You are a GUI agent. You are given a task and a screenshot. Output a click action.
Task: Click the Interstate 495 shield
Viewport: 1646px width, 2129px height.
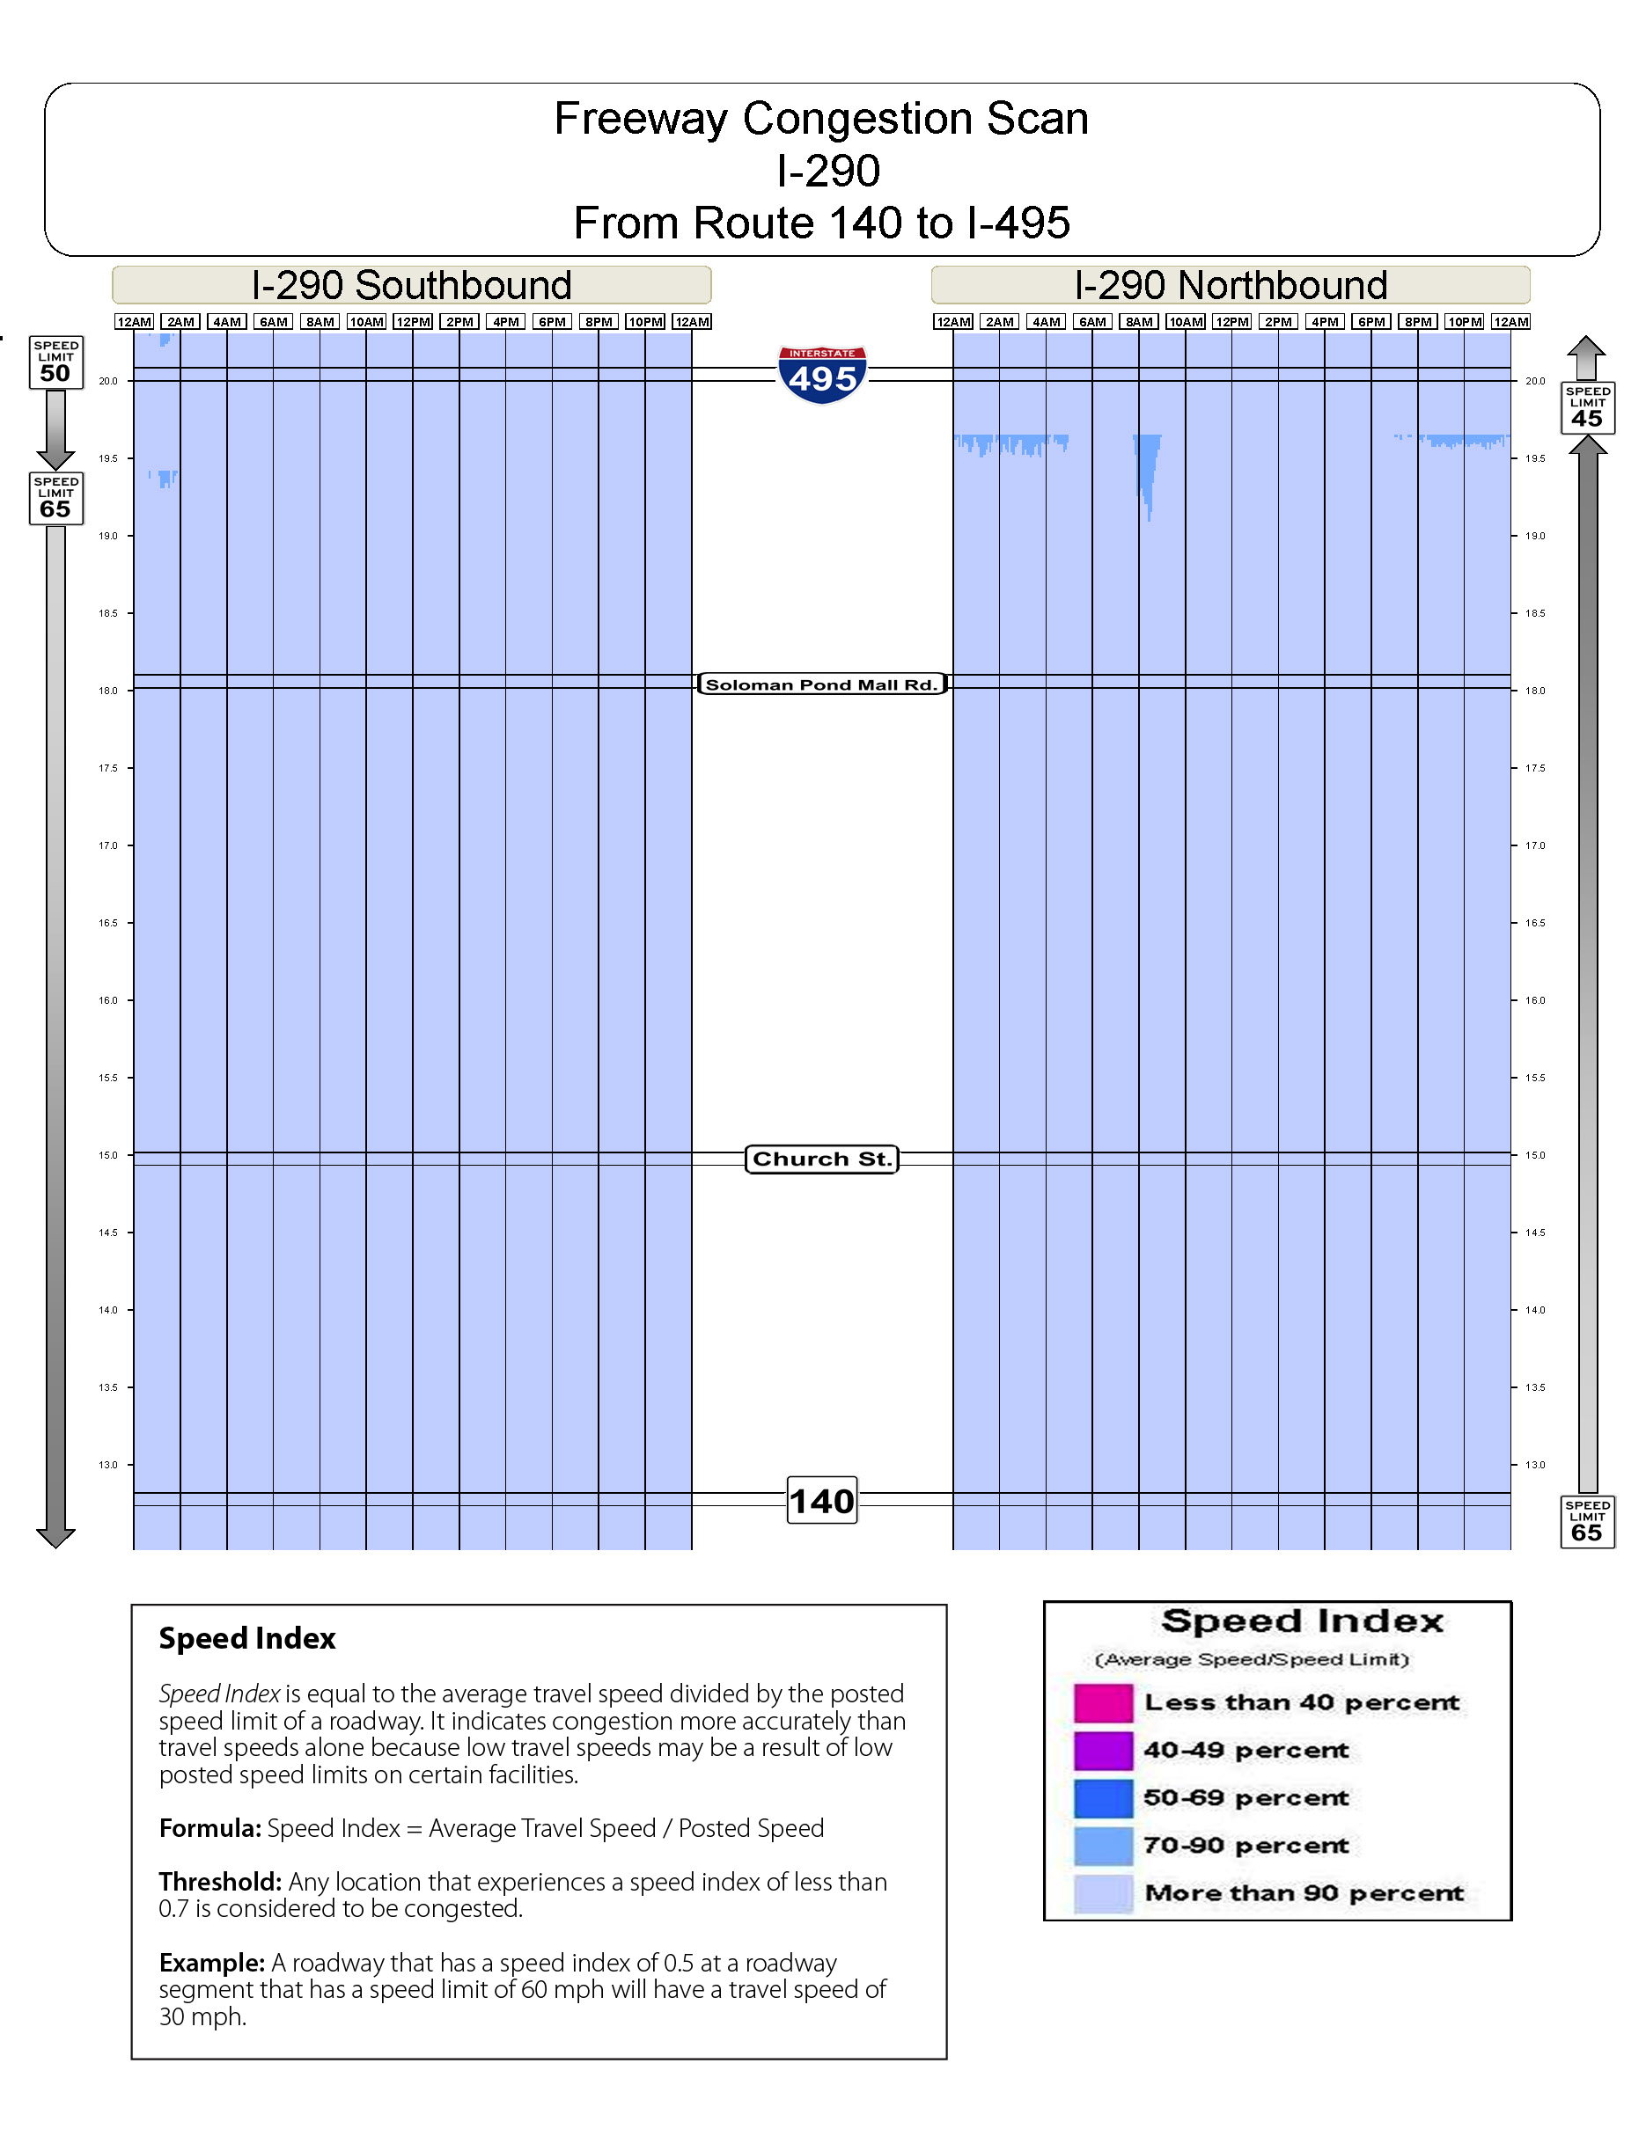pos(822,374)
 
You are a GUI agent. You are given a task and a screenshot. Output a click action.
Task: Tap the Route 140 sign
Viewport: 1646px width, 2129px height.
pos(822,1500)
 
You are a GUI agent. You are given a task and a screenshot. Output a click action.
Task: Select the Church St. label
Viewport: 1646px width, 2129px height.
pos(821,1159)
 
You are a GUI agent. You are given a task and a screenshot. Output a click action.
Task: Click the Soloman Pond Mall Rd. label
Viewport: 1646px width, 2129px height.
pos(821,684)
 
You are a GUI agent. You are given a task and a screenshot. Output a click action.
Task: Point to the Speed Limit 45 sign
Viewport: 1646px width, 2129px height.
pos(1588,407)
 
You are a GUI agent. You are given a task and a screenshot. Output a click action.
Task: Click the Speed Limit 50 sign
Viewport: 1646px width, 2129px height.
pos(55,362)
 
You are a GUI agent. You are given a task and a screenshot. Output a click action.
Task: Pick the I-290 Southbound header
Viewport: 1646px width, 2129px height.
pos(412,286)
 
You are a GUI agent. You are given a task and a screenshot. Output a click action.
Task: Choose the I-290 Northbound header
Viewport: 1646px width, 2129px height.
pos(1230,286)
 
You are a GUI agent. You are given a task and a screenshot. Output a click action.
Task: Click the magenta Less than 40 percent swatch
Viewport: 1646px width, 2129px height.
pos(1103,1703)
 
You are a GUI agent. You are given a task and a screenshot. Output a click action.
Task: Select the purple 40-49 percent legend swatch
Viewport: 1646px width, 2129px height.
pos(1103,1751)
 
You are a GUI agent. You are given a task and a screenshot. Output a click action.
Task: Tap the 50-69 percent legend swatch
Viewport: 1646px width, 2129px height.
pos(1103,1798)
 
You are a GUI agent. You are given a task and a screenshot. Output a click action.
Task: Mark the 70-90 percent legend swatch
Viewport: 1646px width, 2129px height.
pos(1103,1847)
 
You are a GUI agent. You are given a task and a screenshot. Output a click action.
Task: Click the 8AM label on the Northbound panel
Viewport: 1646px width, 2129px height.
pos(1139,322)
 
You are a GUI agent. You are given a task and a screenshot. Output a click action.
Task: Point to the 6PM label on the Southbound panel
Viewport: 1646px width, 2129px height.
pos(552,322)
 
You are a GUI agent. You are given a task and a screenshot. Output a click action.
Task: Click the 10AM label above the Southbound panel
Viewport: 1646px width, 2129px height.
pos(367,322)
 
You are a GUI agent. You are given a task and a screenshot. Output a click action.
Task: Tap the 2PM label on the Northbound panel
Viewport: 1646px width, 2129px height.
pos(1278,322)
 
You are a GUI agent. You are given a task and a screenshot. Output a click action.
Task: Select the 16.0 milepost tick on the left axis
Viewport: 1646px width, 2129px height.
pos(108,1000)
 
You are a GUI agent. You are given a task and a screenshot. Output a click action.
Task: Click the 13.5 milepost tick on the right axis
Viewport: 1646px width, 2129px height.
pos(1535,1387)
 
